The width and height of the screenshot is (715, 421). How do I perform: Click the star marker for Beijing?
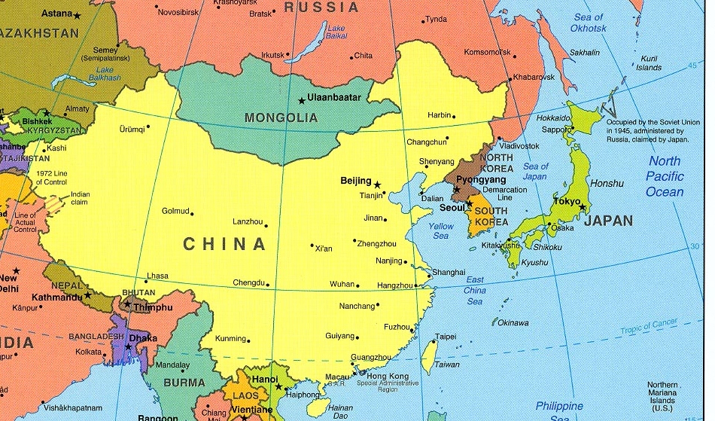378,184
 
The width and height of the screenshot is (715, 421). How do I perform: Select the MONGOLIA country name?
281,118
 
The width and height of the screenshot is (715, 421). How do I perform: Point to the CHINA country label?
224,244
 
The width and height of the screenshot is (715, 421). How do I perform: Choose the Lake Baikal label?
336,32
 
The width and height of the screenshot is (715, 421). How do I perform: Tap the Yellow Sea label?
441,230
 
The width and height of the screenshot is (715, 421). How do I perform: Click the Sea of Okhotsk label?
588,23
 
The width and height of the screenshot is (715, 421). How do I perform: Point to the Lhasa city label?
157,276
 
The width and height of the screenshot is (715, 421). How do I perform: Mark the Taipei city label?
446,337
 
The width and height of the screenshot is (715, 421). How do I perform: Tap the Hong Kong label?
388,376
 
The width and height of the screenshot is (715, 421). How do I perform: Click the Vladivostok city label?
519,145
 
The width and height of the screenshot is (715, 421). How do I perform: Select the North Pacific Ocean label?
665,176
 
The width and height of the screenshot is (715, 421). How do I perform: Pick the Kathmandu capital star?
87,295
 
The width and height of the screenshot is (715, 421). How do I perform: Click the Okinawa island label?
513,322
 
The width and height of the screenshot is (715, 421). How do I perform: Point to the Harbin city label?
439,115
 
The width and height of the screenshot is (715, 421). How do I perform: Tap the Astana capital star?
78,14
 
